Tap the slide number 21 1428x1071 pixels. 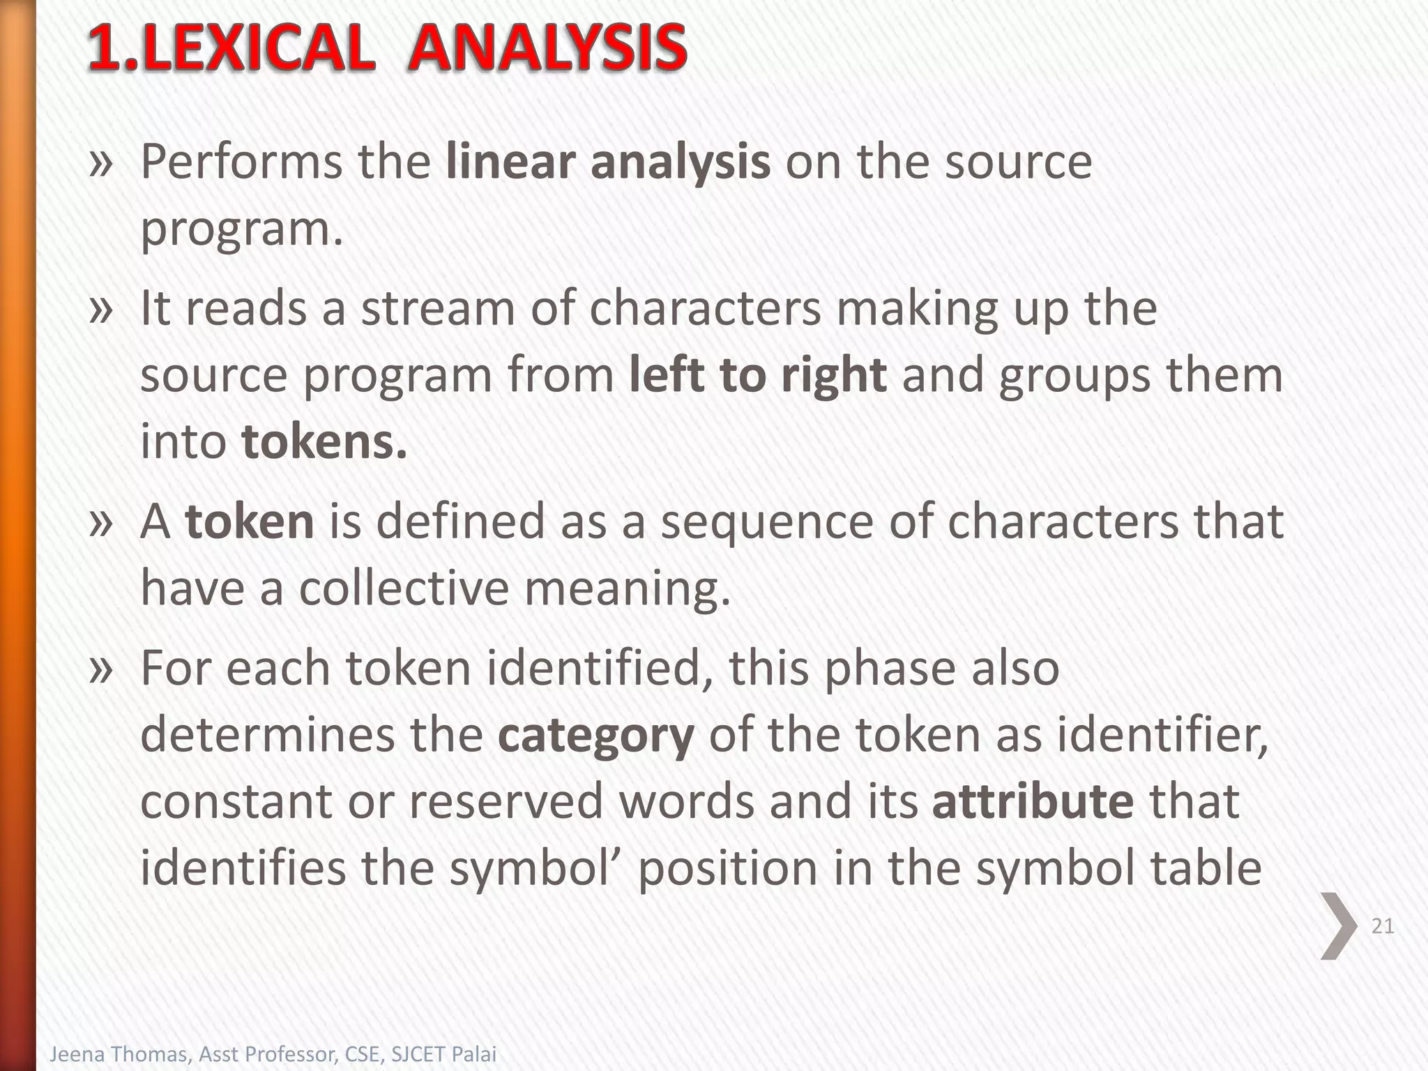click(x=1383, y=926)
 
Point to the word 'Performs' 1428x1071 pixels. click(x=241, y=162)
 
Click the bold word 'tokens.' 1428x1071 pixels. click(x=324, y=442)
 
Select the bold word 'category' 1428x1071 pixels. click(x=595, y=735)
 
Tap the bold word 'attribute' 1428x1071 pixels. click(x=1033, y=801)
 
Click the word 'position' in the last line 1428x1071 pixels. click(x=727, y=868)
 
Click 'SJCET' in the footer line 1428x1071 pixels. click(x=416, y=1054)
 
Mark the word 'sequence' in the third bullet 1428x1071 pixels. click(x=766, y=522)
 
